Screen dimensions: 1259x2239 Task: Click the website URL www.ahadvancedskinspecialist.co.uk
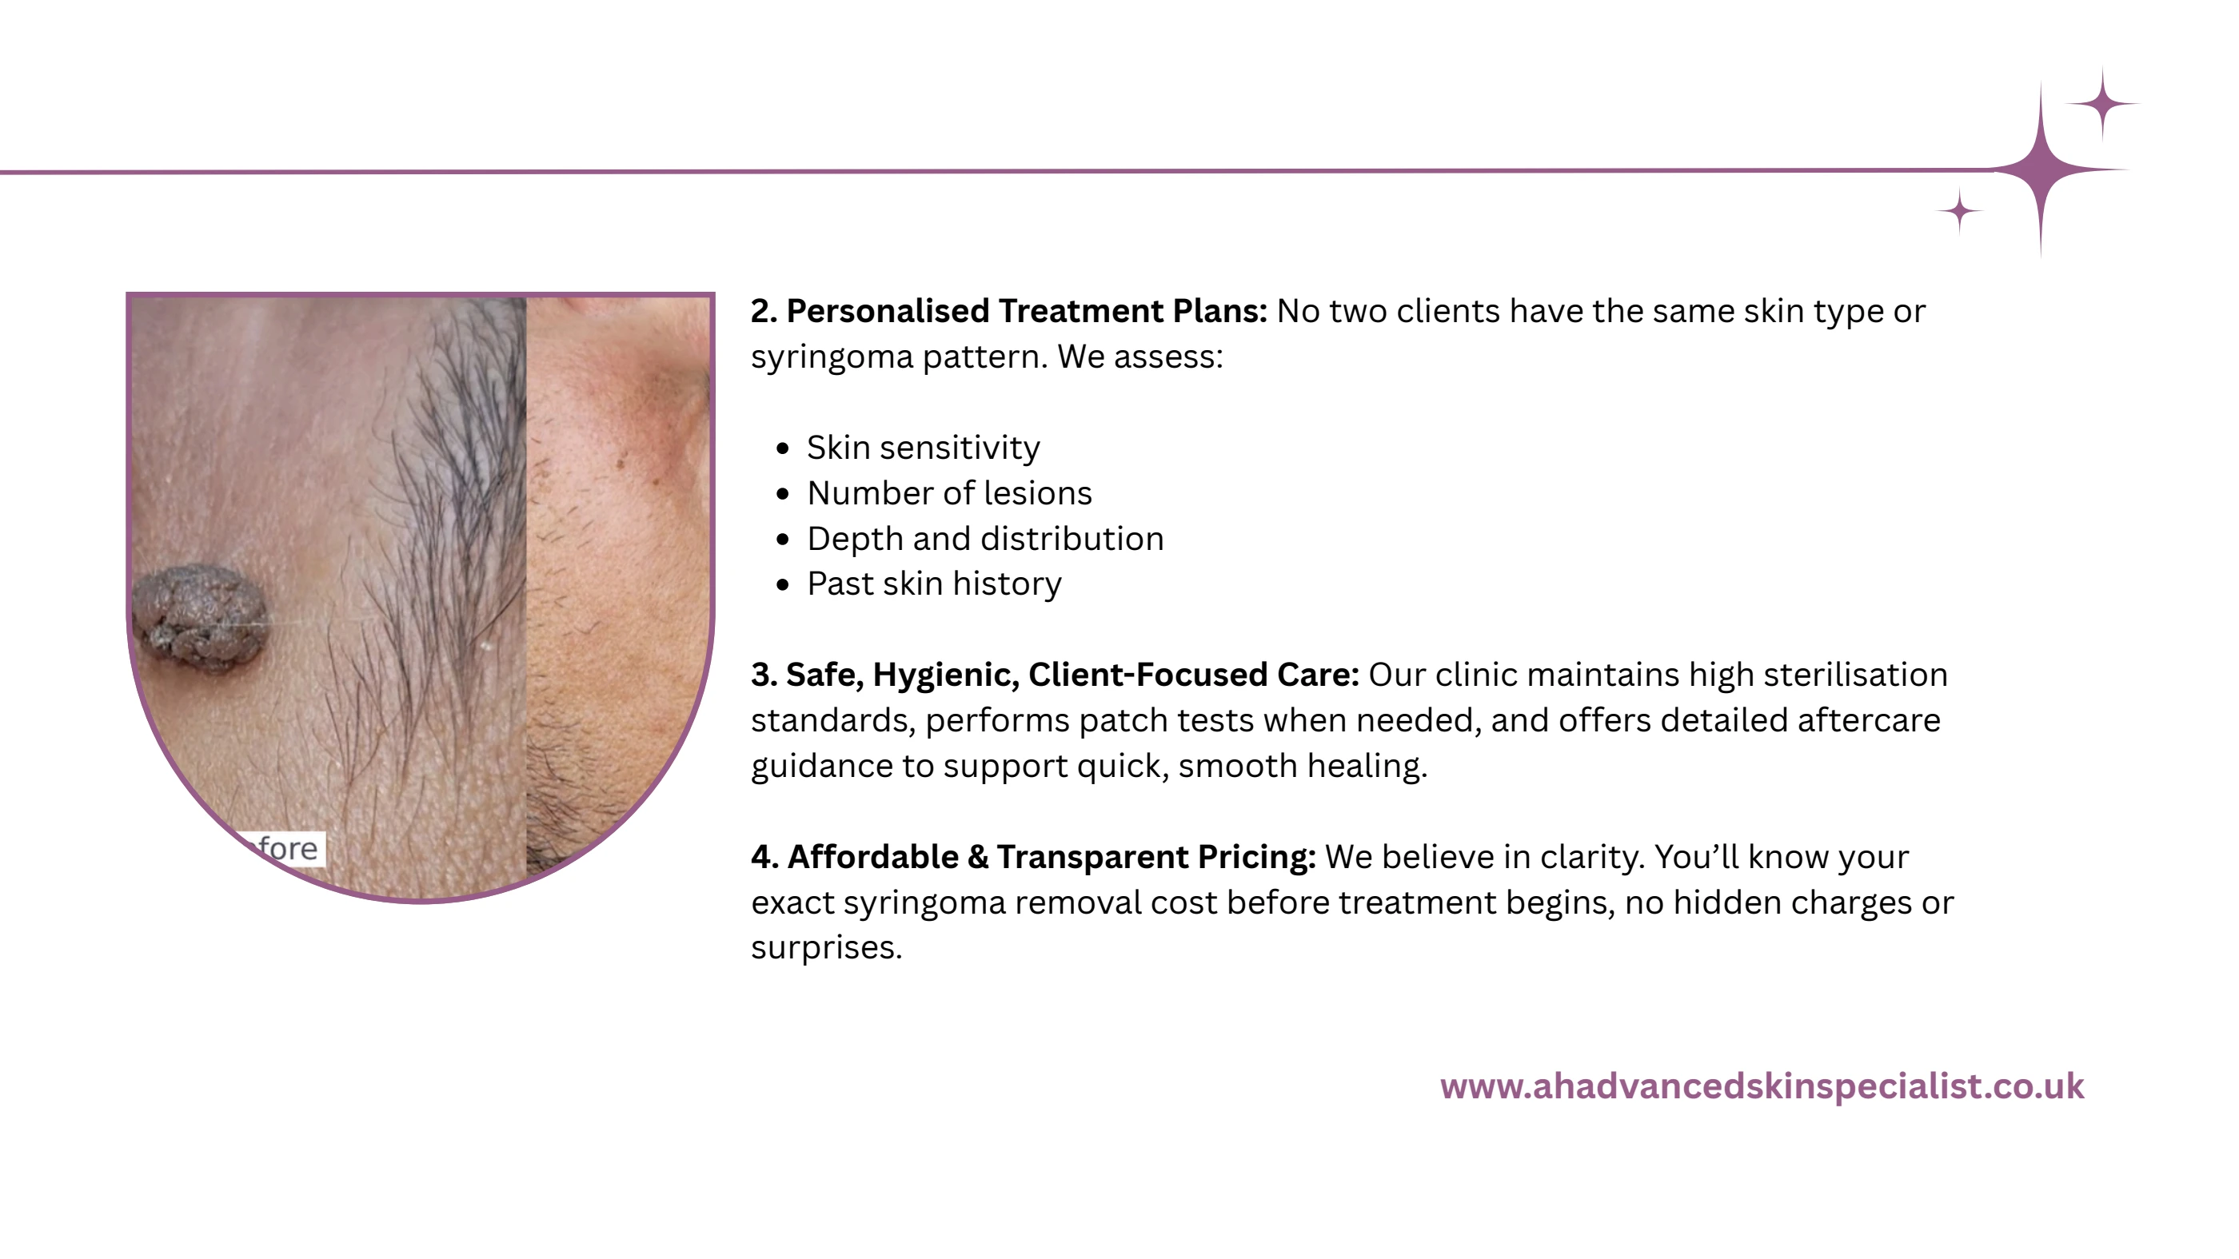[x=1761, y=1086]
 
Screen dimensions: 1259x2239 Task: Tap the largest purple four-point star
[x=2041, y=169]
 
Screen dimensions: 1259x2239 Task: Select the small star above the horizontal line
[x=2101, y=103]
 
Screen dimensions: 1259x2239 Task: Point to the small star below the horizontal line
[x=1959, y=211]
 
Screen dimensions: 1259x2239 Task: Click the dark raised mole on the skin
[x=200, y=617]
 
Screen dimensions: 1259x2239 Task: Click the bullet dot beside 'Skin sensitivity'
[x=783, y=448]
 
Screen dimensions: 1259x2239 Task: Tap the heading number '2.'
[x=763, y=311]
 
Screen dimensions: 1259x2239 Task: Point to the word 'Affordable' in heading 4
[x=872, y=857]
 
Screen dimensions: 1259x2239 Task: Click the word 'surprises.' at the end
[x=826, y=947]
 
